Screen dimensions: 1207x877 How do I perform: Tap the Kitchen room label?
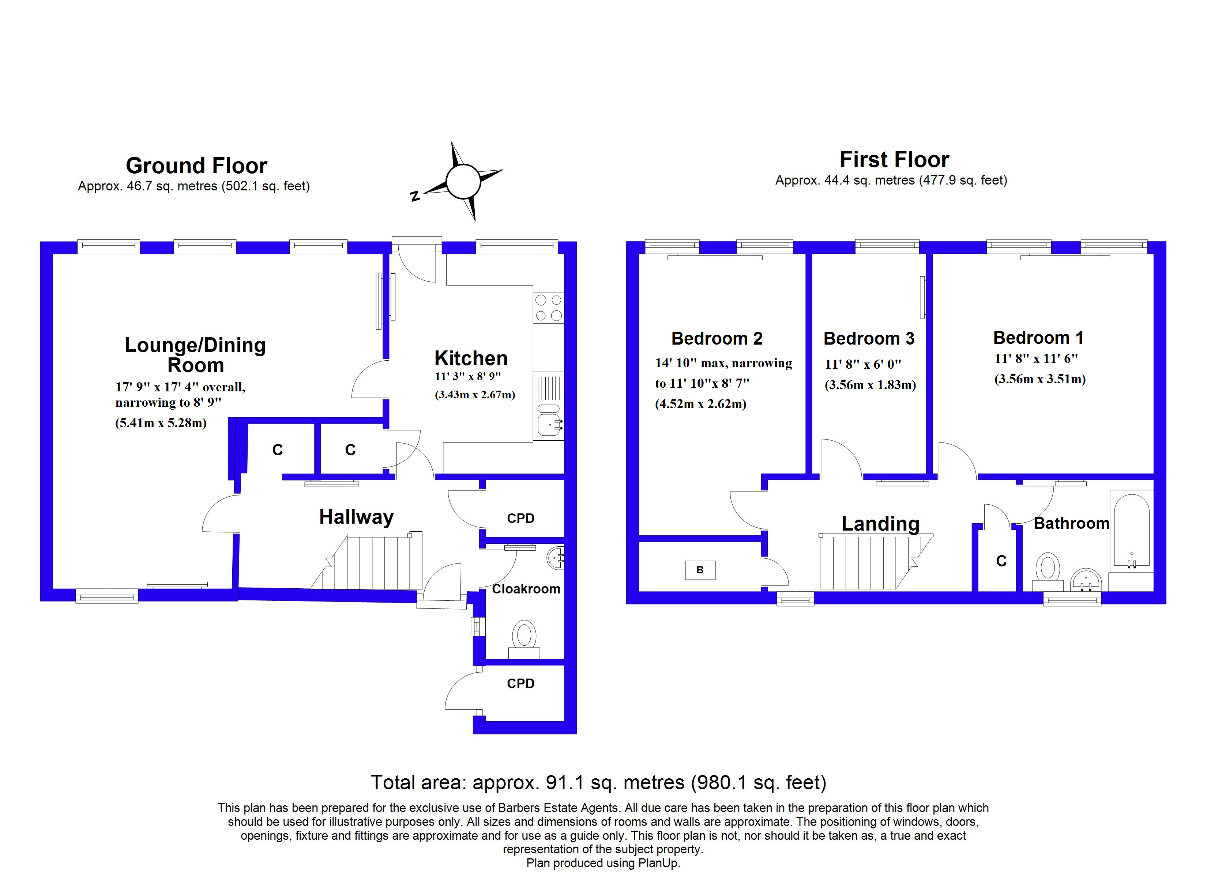coord(471,358)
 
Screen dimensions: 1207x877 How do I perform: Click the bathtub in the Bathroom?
coord(1131,531)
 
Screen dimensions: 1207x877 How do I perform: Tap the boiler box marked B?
coord(700,570)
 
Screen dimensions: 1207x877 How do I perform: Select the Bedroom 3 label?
coord(869,338)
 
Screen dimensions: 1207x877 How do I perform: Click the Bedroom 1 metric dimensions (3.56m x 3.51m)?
coord(1039,379)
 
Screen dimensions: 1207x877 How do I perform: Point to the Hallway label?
coord(356,517)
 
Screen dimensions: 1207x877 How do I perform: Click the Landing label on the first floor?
coord(880,524)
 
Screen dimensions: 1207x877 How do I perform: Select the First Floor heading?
coord(894,160)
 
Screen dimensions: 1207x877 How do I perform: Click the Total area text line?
coord(598,783)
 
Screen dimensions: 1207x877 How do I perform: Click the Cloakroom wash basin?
coord(556,558)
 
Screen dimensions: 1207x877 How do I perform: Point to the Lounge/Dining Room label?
coord(195,355)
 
